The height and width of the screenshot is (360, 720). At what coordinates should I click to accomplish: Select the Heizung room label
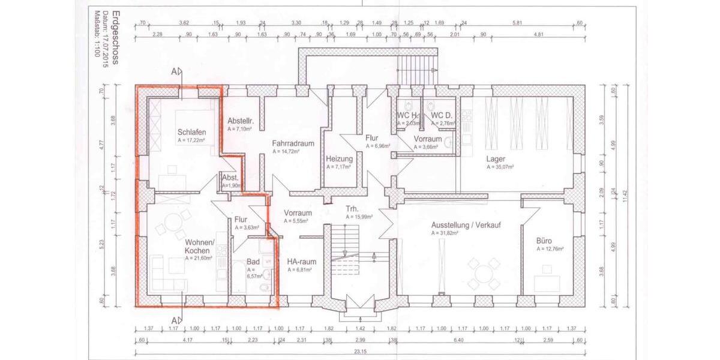point(338,158)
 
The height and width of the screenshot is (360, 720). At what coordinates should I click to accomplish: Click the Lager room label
point(496,158)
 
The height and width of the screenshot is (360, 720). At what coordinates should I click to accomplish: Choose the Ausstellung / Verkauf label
point(466,225)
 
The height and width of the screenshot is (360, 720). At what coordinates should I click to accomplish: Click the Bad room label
point(253,262)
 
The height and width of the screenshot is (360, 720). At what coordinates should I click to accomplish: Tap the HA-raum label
point(301,262)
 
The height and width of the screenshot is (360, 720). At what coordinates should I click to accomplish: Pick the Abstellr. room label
point(241,121)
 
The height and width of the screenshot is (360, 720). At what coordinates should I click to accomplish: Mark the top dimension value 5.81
point(517,23)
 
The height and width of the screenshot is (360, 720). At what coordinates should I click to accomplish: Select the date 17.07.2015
point(106,49)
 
